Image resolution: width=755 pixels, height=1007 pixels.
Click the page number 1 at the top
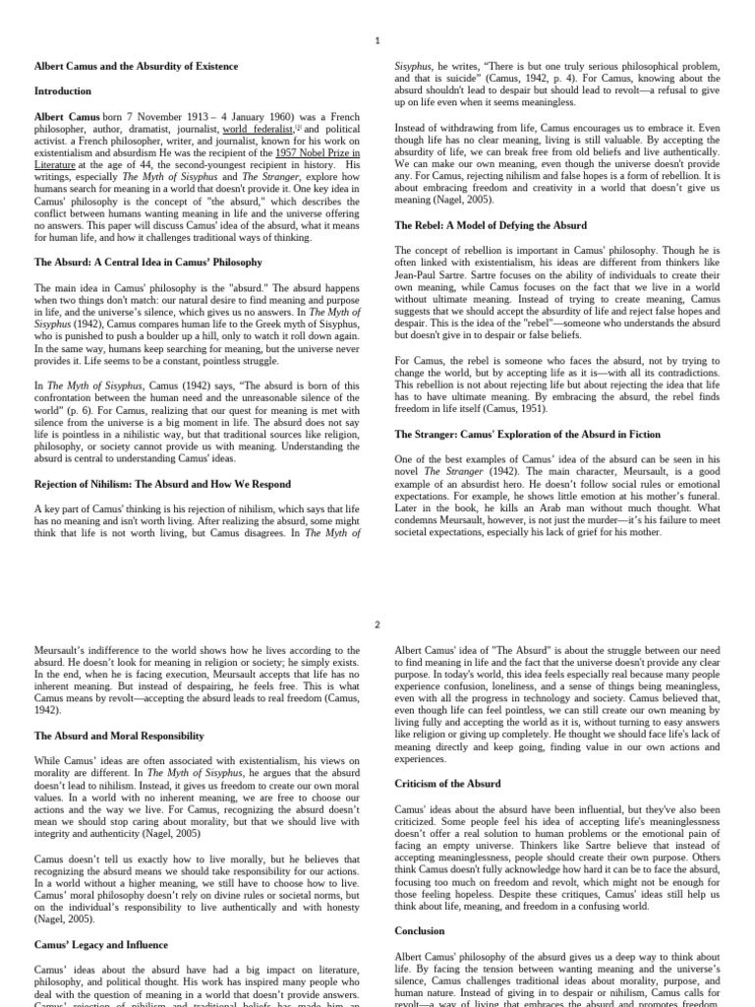377,39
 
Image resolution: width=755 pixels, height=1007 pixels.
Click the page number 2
377,624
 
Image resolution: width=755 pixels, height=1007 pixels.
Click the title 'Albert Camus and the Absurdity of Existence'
136,66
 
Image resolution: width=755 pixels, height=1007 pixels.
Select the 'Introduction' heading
63,91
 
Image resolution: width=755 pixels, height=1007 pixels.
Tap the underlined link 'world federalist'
258,129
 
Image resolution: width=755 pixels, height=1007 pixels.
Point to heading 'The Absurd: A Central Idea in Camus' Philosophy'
148,263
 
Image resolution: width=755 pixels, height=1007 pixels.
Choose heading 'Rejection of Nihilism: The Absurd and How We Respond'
162,484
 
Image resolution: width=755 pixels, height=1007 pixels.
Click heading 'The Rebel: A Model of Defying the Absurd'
491,225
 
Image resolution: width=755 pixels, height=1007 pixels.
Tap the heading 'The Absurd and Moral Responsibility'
119,735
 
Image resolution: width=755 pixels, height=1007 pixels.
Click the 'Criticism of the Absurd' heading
447,784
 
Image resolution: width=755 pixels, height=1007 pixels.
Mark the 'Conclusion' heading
420,930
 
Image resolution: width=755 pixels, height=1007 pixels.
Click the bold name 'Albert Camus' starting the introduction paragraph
67,117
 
